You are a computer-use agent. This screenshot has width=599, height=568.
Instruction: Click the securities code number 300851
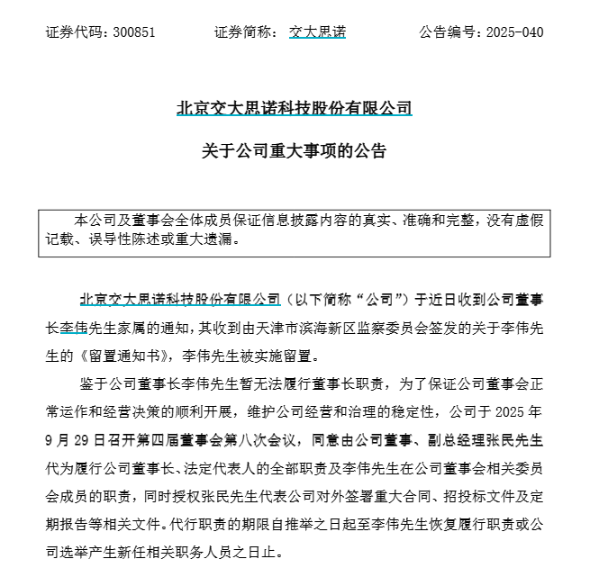click(135, 32)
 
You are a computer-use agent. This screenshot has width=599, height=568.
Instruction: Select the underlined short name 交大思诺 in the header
click(317, 32)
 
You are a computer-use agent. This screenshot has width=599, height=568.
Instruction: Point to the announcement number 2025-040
click(514, 32)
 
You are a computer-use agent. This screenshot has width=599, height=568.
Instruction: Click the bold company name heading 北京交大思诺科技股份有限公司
click(295, 109)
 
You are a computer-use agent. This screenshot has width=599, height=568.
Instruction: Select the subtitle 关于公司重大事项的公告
click(295, 151)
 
